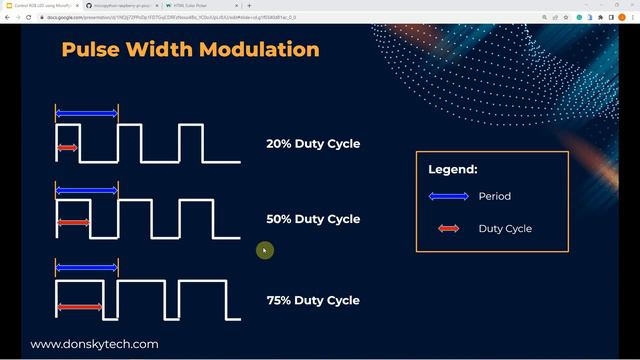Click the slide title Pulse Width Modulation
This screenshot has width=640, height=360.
pos(190,49)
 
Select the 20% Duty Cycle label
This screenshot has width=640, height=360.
pos(313,144)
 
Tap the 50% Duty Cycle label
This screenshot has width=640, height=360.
pos(313,219)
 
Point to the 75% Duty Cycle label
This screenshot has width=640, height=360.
pos(313,300)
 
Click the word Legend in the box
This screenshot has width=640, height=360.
pos(453,170)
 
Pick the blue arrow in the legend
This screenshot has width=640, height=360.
pos(449,196)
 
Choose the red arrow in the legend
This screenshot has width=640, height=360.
pos(449,229)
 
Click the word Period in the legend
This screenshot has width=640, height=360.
pos(494,196)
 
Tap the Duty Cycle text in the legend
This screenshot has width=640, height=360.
pos(505,229)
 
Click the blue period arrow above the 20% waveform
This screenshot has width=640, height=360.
pos(86,114)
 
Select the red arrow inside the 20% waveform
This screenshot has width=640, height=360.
pos(67,148)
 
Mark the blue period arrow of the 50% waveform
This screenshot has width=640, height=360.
pos(86,190)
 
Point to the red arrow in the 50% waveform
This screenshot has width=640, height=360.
pos(72,222)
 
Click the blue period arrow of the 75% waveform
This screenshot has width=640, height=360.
pos(86,268)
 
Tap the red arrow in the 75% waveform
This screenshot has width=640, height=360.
pos(79,307)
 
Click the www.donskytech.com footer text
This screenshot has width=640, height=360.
pos(94,344)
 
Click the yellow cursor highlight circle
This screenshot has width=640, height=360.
pos(264,250)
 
